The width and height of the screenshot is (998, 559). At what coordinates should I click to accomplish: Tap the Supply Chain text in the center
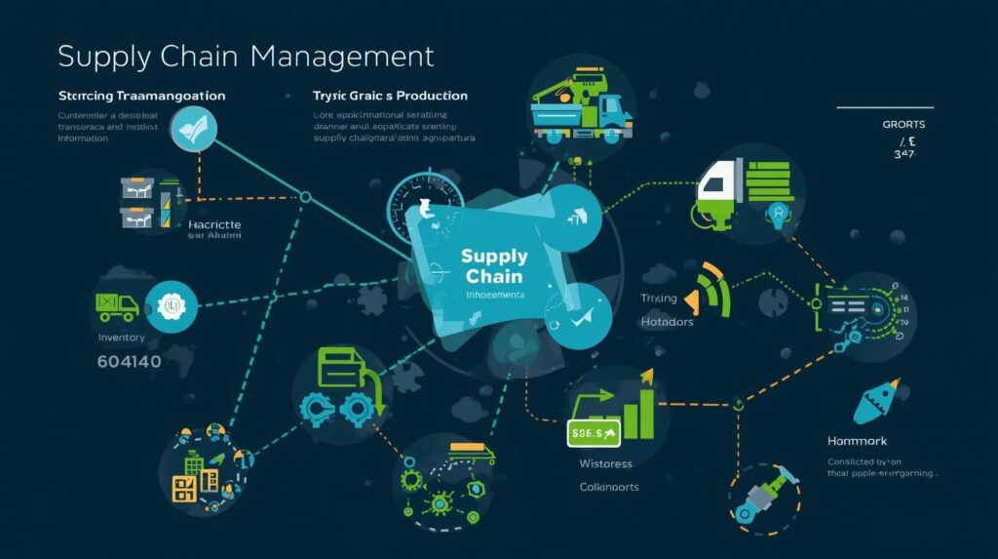click(x=494, y=265)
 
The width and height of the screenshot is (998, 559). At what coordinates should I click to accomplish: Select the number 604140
click(x=131, y=362)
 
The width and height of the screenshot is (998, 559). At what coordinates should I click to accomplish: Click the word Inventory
click(x=122, y=338)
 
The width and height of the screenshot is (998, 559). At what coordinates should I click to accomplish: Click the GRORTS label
click(x=903, y=125)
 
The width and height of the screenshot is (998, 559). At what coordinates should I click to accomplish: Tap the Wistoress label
click(x=606, y=463)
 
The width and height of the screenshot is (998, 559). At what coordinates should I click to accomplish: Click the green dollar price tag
click(x=594, y=431)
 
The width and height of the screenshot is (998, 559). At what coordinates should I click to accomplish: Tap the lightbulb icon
click(x=777, y=213)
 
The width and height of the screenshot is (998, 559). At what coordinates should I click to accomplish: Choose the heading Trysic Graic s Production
click(x=390, y=97)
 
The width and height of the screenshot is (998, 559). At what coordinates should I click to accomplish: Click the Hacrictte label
click(x=214, y=224)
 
